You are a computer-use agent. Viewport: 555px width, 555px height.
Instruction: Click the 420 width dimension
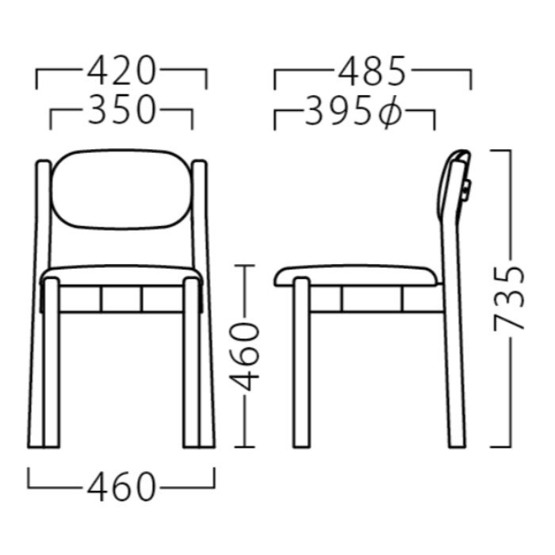point(121,71)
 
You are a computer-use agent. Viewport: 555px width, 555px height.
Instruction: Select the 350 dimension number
point(121,109)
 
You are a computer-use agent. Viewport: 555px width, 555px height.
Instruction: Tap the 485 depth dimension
point(372,71)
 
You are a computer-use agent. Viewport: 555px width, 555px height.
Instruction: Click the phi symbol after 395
point(390,112)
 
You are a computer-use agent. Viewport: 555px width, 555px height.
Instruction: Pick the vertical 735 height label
point(508,298)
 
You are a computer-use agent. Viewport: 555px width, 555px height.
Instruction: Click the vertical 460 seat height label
point(244,356)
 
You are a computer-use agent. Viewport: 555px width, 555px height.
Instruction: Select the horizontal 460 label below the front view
point(121,486)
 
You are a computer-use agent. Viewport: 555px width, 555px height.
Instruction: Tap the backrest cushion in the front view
point(122,189)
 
